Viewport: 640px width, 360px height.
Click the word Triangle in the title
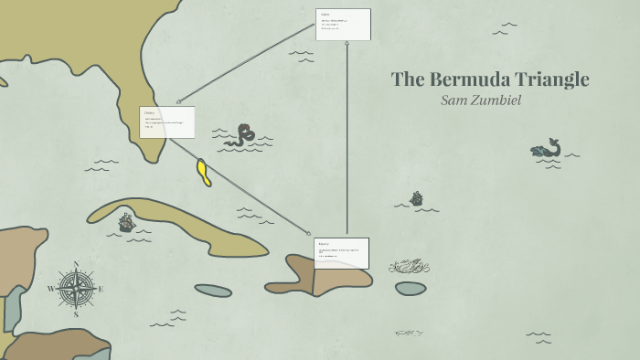[x=550, y=79]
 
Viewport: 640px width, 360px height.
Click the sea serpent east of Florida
[x=241, y=136]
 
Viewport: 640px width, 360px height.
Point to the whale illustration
[x=546, y=149]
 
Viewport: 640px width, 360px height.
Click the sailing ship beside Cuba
[x=126, y=221]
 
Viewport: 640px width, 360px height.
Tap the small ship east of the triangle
[x=416, y=198]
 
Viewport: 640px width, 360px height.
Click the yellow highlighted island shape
[x=204, y=172]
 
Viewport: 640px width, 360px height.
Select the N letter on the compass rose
[x=76, y=264]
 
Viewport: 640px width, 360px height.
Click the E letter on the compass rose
[x=101, y=289]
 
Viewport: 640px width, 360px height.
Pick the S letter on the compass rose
[x=76, y=313]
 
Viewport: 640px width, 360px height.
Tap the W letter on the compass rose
[x=51, y=289]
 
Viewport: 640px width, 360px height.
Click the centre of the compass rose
[x=76, y=289]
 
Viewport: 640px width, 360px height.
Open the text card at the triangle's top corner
[x=343, y=25]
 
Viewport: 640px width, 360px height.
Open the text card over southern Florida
[x=166, y=122]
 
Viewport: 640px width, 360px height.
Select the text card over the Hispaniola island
[x=341, y=253]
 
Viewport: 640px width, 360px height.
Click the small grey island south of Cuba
[x=213, y=291]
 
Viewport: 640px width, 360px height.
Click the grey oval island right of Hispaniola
[x=411, y=288]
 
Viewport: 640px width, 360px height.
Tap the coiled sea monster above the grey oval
[x=409, y=266]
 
